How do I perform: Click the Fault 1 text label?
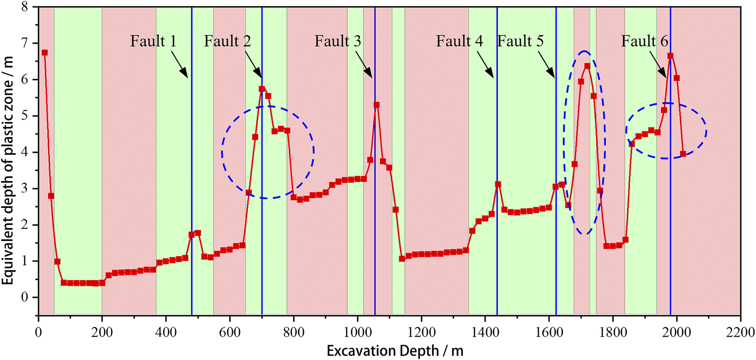click(153, 41)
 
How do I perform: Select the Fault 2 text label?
click(227, 41)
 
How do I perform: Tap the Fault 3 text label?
click(337, 41)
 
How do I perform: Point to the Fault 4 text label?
click(459, 41)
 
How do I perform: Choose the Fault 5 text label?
click(520, 41)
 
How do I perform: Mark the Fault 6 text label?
click(644, 41)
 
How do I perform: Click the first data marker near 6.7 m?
click(45, 52)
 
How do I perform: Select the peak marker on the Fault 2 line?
click(262, 89)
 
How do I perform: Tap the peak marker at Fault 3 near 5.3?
click(376, 105)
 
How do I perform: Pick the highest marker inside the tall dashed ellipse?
click(587, 66)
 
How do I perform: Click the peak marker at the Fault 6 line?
click(670, 55)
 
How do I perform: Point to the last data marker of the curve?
click(683, 154)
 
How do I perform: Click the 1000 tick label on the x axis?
click(358, 332)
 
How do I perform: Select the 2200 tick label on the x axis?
click(740, 332)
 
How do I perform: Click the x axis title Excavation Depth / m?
click(395, 351)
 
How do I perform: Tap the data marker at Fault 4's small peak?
click(497, 184)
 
